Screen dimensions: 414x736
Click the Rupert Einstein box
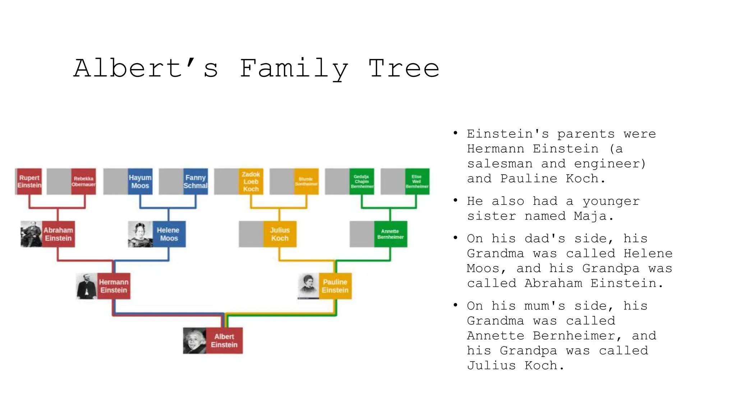tap(29, 181)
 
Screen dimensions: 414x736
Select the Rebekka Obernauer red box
tap(83, 181)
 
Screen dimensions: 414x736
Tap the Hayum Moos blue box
tap(140, 181)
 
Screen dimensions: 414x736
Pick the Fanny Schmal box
tap(195, 181)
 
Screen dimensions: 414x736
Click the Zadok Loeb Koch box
tap(251, 181)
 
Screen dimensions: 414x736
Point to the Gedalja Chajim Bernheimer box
tap(362, 181)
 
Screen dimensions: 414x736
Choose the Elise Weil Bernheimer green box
tap(417, 181)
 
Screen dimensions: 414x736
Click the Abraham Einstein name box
tap(58, 234)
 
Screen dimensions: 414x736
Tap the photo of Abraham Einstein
tap(31, 234)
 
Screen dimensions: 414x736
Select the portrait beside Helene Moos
tap(140, 234)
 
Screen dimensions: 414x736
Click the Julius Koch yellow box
tap(280, 234)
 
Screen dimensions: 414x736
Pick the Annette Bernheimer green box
tap(390, 234)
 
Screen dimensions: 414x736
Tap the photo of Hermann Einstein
tap(87, 286)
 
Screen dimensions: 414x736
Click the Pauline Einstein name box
tap(335, 286)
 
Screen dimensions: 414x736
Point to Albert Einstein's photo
tap(194, 341)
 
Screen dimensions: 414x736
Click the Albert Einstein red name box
tap(224, 341)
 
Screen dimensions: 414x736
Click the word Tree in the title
tap(404, 68)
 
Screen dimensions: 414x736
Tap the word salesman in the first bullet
tap(500, 164)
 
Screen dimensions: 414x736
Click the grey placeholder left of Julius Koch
tap(251, 234)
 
